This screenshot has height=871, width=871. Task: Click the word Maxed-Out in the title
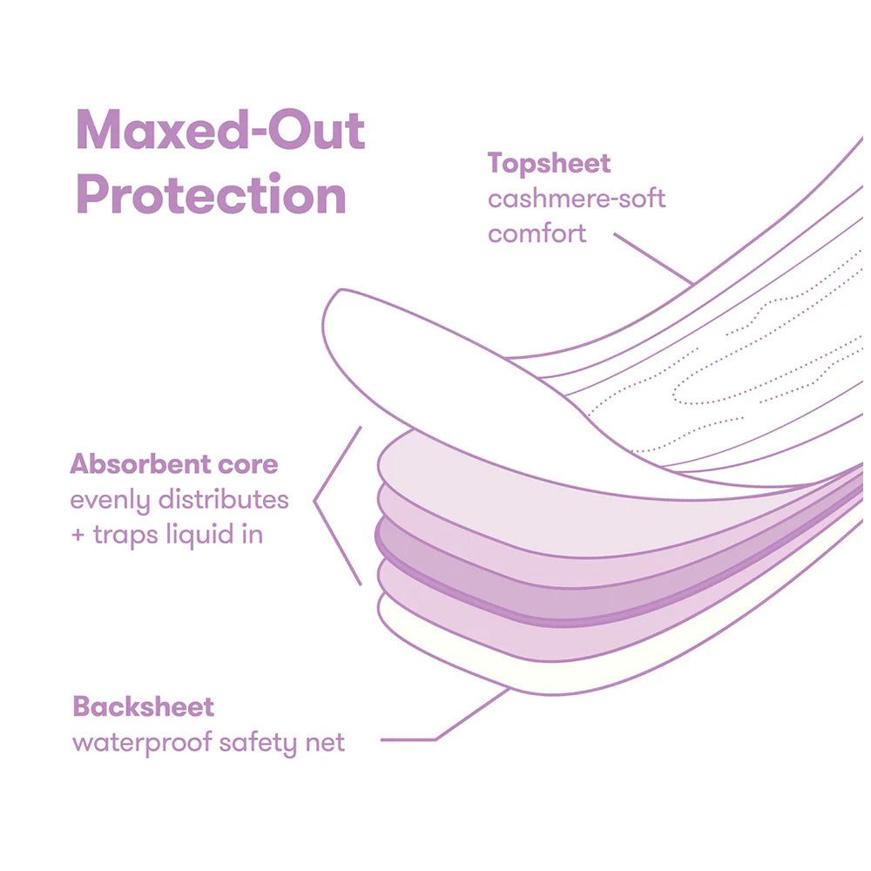[220, 131]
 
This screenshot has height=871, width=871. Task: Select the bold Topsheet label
[549, 163]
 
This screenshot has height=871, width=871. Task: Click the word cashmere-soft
[577, 199]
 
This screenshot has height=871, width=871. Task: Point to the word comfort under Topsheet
[537, 233]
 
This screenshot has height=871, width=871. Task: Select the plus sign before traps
[78, 535]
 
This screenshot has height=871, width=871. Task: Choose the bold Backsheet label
[144, 706]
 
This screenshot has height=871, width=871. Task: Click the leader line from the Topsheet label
[653, 259]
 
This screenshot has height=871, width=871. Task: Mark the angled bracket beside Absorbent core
[335, 505]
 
